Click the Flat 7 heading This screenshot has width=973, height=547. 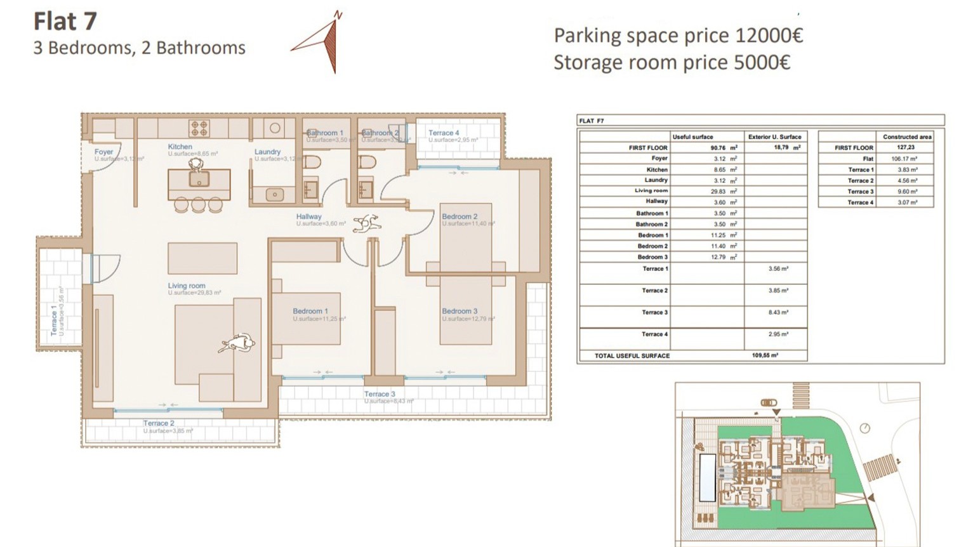coord(65,22)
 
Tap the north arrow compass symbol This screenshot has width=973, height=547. coord(324,43)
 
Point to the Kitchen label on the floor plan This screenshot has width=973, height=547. coord(180,147)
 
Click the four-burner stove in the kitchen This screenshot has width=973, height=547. coord(199,128)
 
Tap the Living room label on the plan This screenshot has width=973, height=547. coord(186,286)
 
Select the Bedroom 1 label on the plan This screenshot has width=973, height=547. coord(310,311)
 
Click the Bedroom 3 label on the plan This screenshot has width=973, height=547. coord(460,311)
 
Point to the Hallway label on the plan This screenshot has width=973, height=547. coord(308,216)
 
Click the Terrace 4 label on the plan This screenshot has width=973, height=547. coord(443,133)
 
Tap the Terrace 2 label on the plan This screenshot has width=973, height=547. coord(158,423)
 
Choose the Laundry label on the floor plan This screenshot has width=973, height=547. coord(267,152)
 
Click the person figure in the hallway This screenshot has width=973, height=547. coord(367,223)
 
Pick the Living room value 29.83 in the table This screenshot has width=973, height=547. coord(718,191)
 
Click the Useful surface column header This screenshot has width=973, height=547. coord(692,136)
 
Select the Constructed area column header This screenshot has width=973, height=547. coord(907,136)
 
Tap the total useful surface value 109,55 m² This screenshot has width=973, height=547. coord(765,355)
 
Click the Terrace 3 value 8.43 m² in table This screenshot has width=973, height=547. coord(778,312)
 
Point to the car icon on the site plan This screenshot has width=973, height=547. coord(768,402)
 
